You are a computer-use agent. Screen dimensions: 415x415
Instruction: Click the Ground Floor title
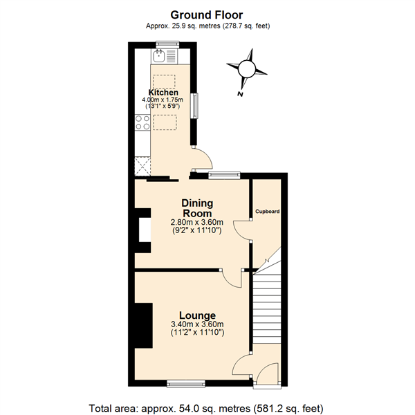(x=206, y=15)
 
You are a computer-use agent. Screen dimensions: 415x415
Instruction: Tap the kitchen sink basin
(x=159, y=56)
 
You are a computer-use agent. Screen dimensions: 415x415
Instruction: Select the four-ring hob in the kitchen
(x=142, y=122)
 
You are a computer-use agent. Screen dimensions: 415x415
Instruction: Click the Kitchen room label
(x=163, y=93)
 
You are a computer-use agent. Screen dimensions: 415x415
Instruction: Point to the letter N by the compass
(x=240, y=94)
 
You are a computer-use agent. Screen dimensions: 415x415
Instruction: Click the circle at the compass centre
(x=246, y=68)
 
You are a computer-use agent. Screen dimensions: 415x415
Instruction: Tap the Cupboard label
(x=267, y=212)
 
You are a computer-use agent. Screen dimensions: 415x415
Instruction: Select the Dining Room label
(x=197, y=208)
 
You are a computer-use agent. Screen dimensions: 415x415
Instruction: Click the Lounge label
(x=197, y=315)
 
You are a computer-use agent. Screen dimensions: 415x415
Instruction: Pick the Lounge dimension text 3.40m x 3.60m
(x=197, y=324)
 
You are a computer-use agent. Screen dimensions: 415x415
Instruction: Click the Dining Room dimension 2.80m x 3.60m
(x=197, y=222)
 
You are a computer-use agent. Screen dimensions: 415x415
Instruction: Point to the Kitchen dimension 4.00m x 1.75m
(x=163, y=100)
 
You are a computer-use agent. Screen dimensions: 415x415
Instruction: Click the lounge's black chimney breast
(x=144, y=325)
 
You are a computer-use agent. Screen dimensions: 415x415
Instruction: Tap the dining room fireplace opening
(x=145, y=230)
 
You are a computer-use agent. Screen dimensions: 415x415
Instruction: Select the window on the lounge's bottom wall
(x=186, y=384)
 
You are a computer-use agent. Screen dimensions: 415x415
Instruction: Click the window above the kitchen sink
(x=167, y=45)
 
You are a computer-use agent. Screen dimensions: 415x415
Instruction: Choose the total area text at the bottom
(x=206, y=408)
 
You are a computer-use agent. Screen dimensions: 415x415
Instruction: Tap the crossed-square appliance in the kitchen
(x=142, y=167)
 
